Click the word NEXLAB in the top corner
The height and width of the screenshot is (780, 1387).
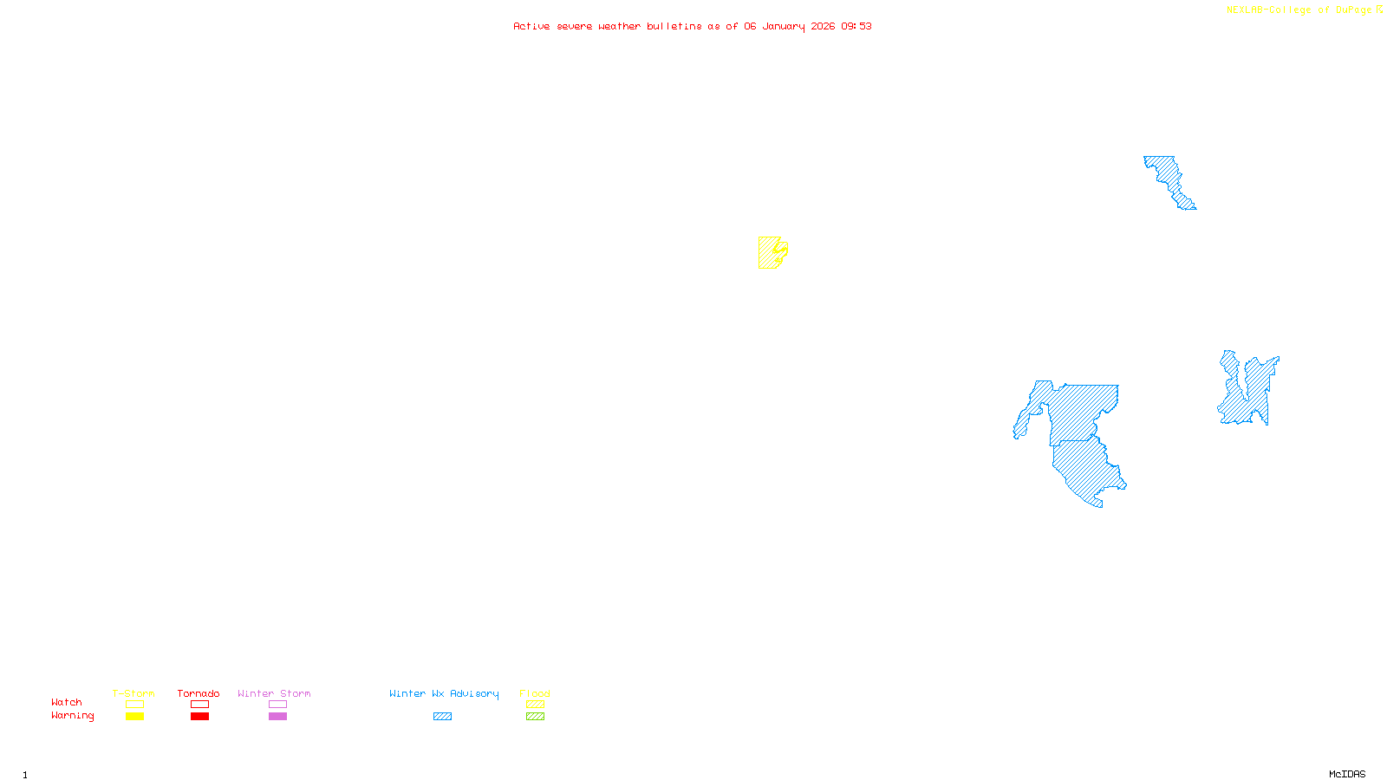click(1245, 10)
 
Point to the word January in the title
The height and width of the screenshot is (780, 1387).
click(783, 27)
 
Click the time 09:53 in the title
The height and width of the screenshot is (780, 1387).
click(856, 27)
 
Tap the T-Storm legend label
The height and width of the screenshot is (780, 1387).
click(133, 693)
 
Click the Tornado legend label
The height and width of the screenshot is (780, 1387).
click(199, 693)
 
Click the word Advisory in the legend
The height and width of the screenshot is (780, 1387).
click(474, 693)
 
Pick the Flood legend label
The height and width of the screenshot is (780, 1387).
click(535, 693)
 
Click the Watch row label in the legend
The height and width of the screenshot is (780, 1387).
click(67, 703)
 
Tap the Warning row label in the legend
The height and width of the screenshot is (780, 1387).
click(72, 716)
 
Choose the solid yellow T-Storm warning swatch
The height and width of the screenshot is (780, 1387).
click(134, 717)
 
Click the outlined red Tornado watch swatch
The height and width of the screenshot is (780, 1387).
click(199, 705)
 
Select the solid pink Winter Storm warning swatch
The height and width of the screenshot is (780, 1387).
click(277, 717)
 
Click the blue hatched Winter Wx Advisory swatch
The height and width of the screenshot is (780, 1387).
click(442, 717)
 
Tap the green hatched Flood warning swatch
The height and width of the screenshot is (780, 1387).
click(535, 717)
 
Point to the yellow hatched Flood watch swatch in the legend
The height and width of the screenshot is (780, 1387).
click(535, 705)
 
